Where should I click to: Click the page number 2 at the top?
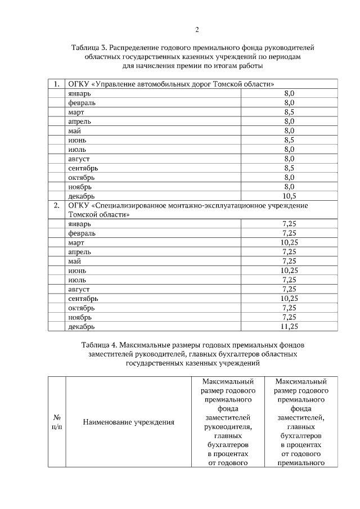(197, 30)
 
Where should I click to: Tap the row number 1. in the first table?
(56, 84)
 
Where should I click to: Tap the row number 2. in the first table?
(56, 205)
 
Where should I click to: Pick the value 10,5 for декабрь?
(289, 196)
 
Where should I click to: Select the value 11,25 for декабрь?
(289, 326)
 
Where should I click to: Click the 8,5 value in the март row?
(289, 112)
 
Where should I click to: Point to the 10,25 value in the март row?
(289, 242)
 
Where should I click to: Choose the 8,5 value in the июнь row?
(289, 140)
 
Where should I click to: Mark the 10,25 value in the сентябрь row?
(289, 298)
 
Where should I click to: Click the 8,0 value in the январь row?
(289, 93)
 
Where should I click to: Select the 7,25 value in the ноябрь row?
(289, 317)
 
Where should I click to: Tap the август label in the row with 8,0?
(79, 159)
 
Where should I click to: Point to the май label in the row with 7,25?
(74, 261)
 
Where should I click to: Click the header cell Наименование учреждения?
(129, 422)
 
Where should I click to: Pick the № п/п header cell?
(57, 422)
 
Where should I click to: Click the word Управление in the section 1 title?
(120, 84)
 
